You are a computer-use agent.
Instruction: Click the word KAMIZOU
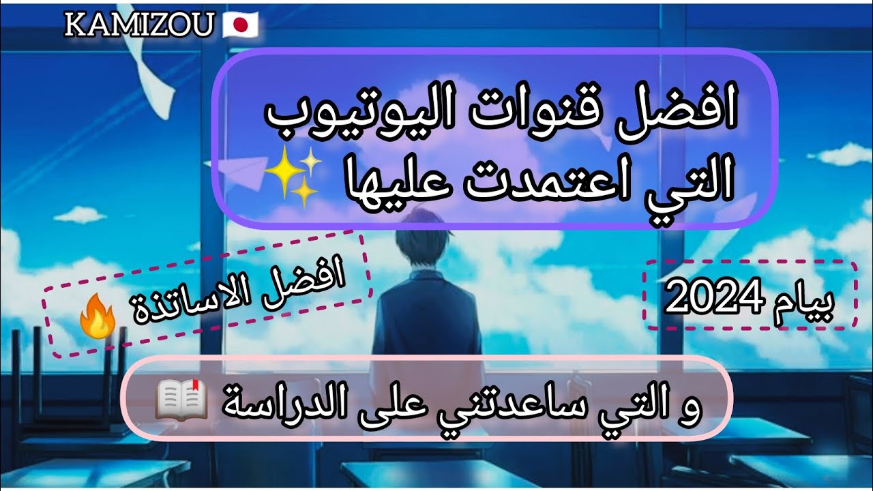pos(140,27)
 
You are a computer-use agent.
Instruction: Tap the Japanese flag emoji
pos(240,26)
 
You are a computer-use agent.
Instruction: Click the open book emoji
pos(181,402)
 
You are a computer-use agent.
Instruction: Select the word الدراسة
pos(274,402)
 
